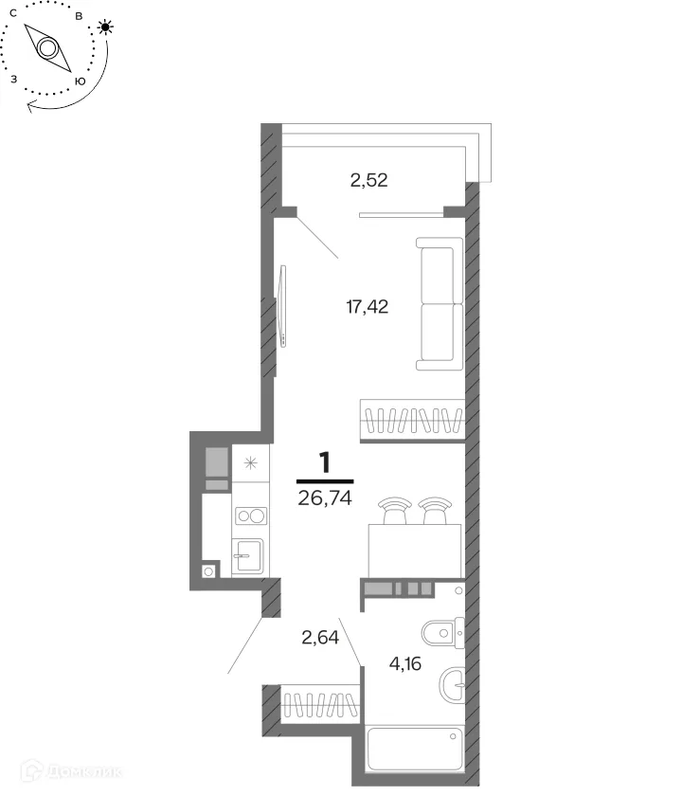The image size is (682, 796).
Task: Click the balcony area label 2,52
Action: click(x=368, y=180)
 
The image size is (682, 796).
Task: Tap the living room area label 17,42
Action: click(x=367, y=307)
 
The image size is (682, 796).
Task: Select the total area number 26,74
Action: click(x=325, y=498)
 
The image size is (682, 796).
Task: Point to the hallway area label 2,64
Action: click(x=320, y=637)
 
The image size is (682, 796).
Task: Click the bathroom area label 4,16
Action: click(x=405, y=663)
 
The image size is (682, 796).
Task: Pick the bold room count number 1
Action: click(x=324, y=462)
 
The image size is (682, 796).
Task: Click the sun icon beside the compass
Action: click(x=105, y=27)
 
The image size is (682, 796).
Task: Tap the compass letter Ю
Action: click(x=80, y=81)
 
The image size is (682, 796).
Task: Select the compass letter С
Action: click(x=13, y=13)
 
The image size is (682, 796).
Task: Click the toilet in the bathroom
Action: click(x=442, y=633)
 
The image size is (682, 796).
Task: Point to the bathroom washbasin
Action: click(x=452, y=684)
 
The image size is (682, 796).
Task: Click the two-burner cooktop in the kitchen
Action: click(x=251, y=516)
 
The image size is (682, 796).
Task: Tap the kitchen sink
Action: click(x=247, y=555)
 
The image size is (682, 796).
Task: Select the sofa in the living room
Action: click(x=440, y=303)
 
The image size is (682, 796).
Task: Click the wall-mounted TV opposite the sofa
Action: click(x=282, y=306)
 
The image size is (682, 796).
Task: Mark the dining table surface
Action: click(x=415, y=551)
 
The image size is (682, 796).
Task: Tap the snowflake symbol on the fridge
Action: click(x=251, y=463)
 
